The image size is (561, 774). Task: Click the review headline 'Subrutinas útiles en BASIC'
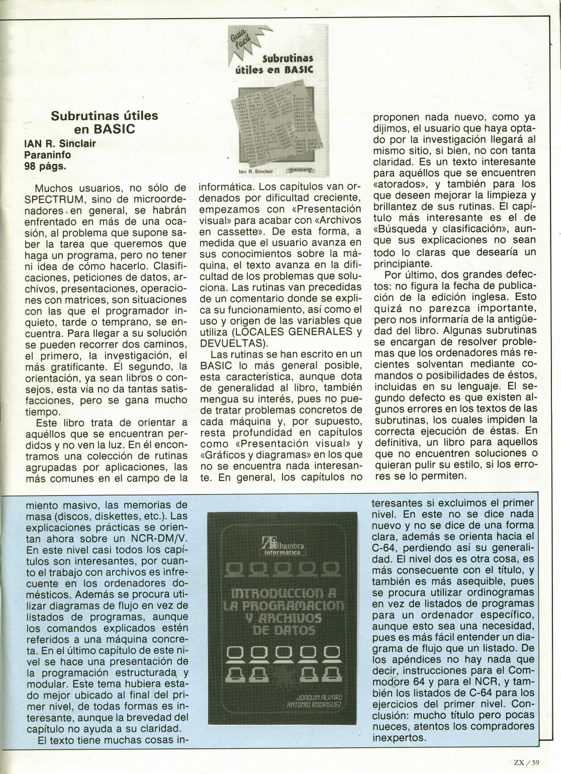105,122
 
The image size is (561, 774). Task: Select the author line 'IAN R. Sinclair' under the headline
60,143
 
